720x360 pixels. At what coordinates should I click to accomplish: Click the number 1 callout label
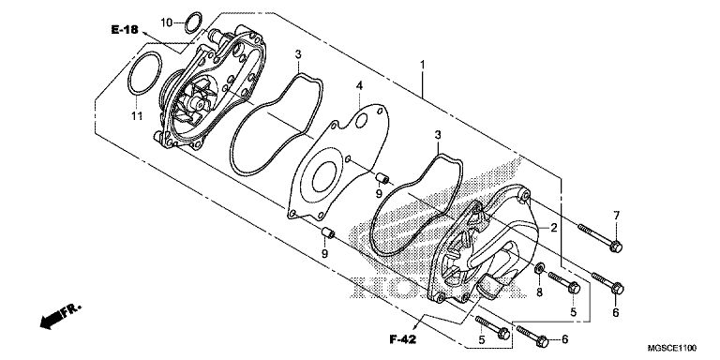point(422,65)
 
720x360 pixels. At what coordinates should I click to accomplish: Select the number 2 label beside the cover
point(553,227)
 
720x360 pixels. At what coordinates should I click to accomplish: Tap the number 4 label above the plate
point(360,85)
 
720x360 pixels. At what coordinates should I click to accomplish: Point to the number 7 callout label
point(616,215)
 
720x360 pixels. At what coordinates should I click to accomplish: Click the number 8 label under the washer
point(539,292)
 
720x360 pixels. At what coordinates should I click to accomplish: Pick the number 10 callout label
point(166,22)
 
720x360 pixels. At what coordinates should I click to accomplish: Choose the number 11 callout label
point(137,116)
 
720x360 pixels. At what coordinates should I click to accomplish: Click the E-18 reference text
point(125,30)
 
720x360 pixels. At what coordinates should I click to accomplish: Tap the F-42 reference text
point(403,339)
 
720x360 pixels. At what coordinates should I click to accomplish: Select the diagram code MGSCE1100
point(672,348)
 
